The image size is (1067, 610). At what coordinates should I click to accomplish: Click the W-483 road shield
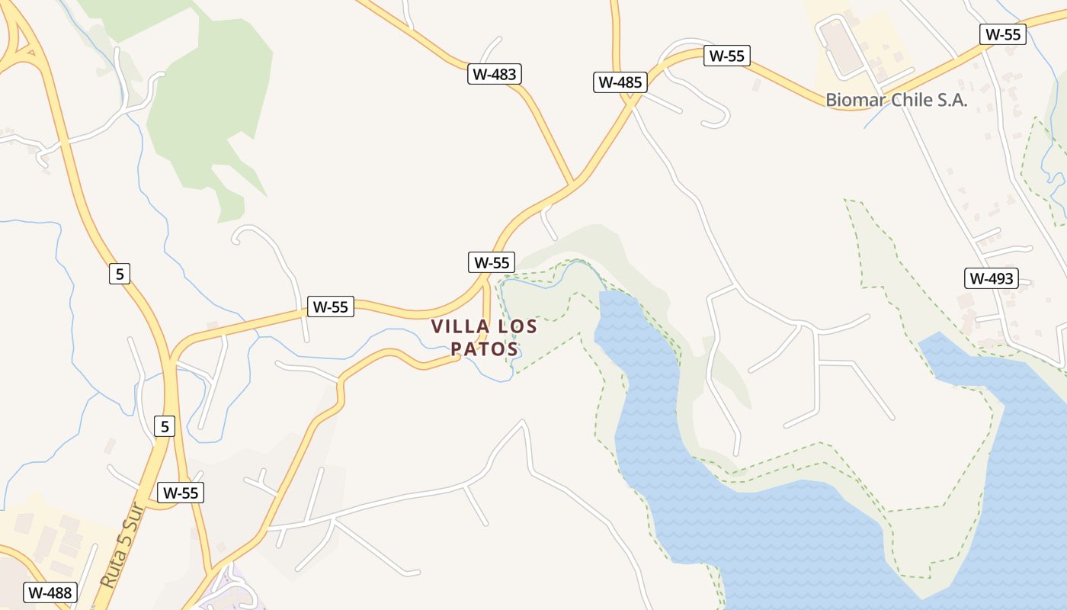(x=494, y=74)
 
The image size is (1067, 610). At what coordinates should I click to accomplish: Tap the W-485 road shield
(x=620, y=82)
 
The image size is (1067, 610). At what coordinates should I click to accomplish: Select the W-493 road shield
(x=992, y=278)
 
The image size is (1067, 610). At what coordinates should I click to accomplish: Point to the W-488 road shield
(x=50, y=592)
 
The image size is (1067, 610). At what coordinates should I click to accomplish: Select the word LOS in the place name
(x=517, y=327)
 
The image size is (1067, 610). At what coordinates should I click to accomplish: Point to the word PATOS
(x=485, y=349)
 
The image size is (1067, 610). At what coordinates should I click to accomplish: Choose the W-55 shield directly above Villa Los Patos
(x=492, y=262)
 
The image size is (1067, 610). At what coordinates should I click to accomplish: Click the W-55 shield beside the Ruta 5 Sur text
(x=181, y=493)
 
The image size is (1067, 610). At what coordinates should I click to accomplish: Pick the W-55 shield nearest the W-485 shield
(x=727, y=56)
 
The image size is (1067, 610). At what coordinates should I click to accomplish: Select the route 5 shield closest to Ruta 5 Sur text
(x=165, y=426)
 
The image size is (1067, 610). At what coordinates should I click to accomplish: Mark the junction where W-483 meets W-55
(x=572, y=183)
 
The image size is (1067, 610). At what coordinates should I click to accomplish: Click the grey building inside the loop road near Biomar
(x=841, y=47)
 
